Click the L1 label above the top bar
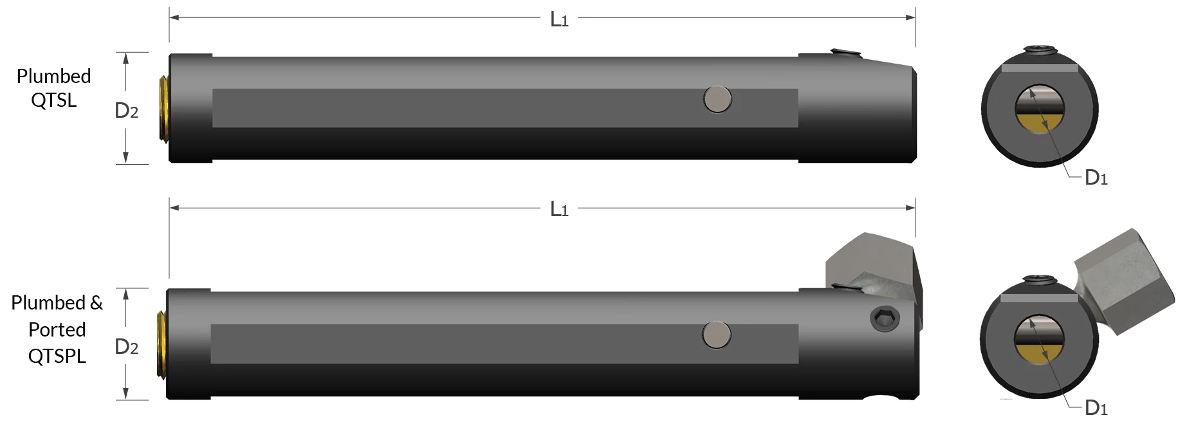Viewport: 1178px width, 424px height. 559,19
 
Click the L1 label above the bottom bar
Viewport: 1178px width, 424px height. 559,209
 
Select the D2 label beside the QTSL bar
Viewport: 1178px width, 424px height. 126,111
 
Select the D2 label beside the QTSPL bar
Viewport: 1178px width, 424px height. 126,347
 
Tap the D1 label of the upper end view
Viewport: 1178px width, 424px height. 1096,178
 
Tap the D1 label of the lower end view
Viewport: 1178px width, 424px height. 1096,407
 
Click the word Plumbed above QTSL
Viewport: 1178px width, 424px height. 53,76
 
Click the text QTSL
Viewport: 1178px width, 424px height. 53,100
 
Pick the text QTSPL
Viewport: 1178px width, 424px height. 57,356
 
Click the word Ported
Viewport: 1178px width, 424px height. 57,329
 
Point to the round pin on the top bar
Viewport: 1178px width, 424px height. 717,100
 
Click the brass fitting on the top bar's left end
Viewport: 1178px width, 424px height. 163,108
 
